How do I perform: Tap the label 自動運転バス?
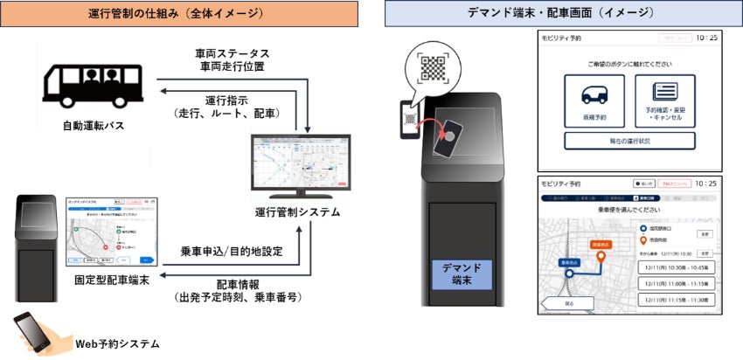point(95,125)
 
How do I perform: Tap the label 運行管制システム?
point(301,212)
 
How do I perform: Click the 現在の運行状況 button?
point(629,140)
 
